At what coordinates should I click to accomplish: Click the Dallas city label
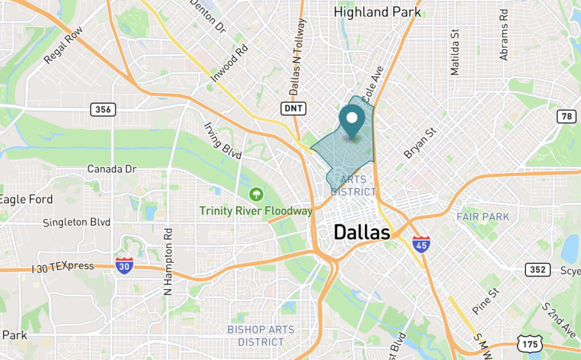click(x=361, y=232)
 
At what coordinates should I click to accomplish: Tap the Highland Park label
click(x=377, y=11)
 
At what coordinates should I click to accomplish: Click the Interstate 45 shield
click(x=420, y=245)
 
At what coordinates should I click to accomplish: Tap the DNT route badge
click(x=293, y=108)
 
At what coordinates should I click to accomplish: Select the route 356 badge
click(x=103, y=109)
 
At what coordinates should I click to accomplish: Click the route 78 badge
click(x=565, y=116)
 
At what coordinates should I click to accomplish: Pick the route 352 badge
click(x=537, y=269)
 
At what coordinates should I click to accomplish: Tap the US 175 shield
click(x=529, y=343)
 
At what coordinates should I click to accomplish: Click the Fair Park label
click(x=483, y=216)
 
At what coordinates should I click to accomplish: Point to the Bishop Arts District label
click(x=261, y=336)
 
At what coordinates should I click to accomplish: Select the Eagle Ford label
click(x=26, y=199)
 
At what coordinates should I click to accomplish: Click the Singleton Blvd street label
click(x=77, y=223)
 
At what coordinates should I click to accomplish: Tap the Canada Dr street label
click(x=112, y=169)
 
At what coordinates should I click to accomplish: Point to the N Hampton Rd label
click(x=167, y=262)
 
